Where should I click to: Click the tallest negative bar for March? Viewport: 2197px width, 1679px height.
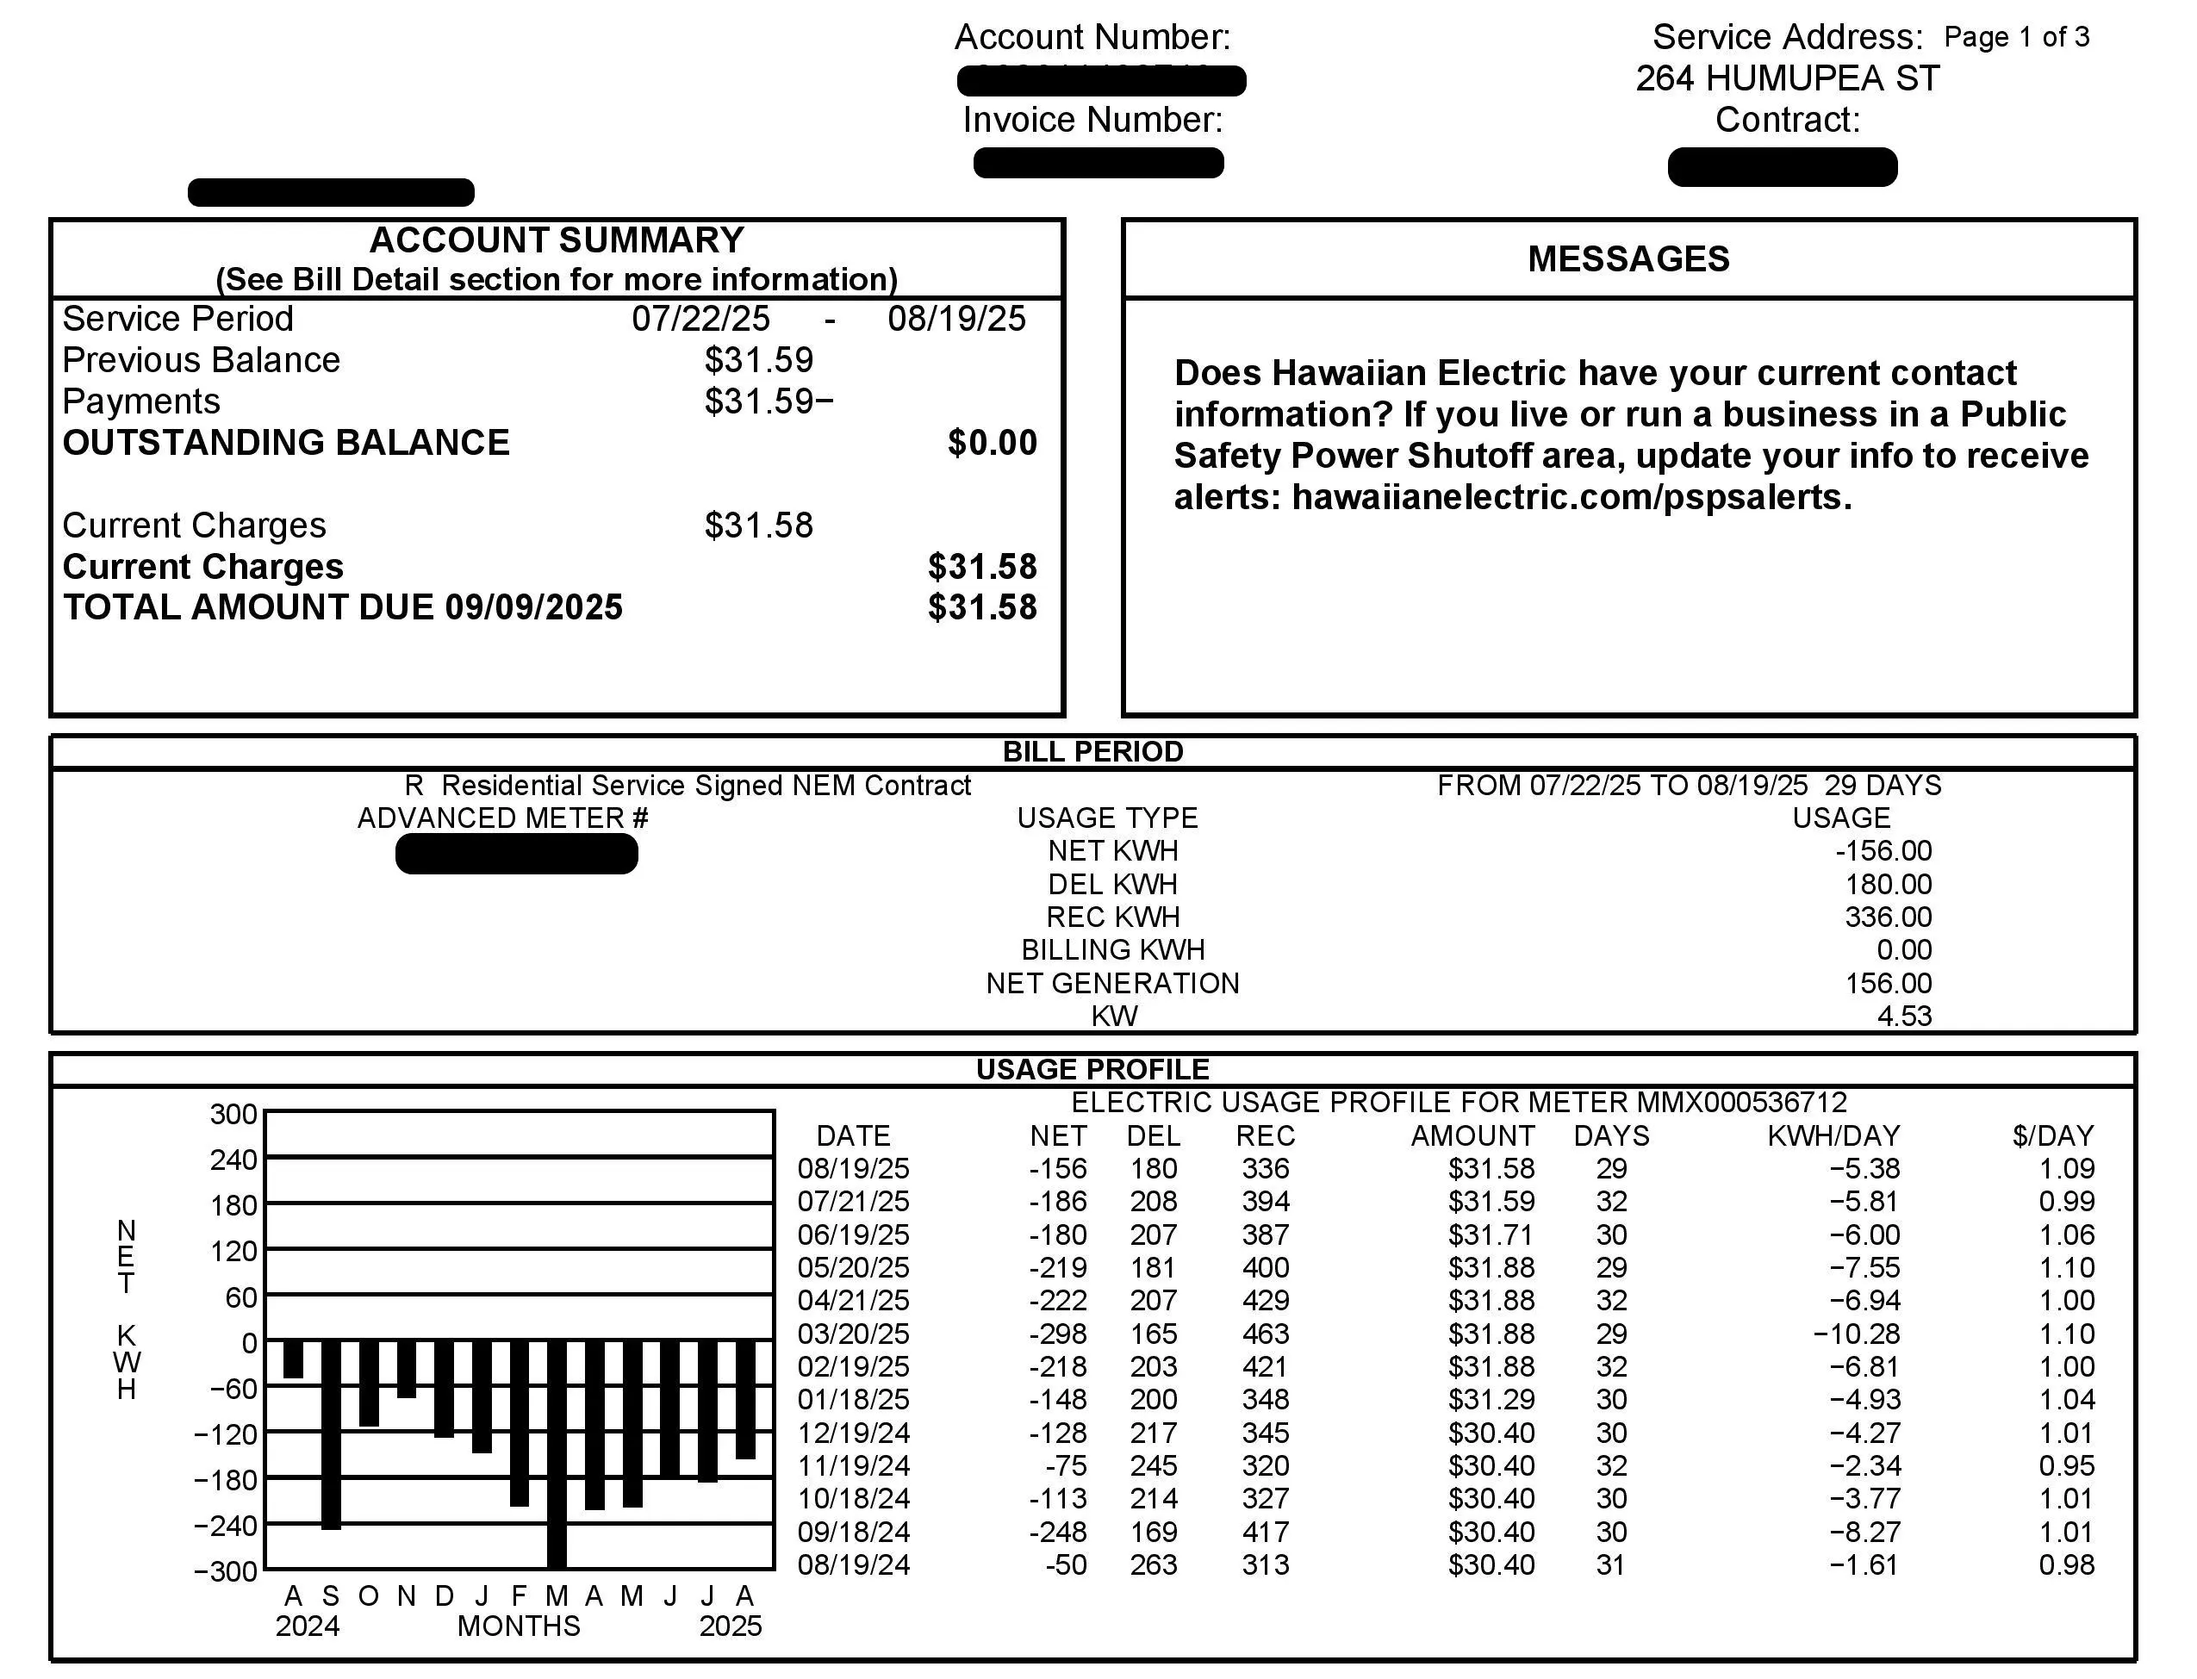[x=557, y=1454]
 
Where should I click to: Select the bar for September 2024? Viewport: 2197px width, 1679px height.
[x=331, y=1434]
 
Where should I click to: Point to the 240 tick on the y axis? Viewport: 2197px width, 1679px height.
[x=233, y=1160]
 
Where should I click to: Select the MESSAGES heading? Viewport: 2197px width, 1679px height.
[x=1628, y=258]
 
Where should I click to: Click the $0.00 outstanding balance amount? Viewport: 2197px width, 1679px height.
[x=993, y=443]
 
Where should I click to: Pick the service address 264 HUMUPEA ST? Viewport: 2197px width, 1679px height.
[x=1787, y=78]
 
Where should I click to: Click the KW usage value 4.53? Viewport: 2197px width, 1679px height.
[x=1904, y=1017]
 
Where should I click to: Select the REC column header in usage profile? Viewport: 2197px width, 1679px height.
[x=1266, y=1136]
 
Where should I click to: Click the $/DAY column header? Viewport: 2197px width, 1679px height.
[x=2053, y=1136]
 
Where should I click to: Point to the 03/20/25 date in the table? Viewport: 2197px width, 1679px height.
[x=854, y=1334]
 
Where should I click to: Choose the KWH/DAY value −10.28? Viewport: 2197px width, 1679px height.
[x=1856, y=1334]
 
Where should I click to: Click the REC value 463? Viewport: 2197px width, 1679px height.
[x=1266, y=1334]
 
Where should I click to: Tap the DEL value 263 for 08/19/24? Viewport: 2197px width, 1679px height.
[x=1154, y=1565]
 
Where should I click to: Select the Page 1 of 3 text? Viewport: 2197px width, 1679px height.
[x=2016, y=38]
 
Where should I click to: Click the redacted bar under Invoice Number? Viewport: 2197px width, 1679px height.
[x=1098, y=163]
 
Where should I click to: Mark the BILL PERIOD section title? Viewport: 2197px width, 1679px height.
[x=1092, y=751]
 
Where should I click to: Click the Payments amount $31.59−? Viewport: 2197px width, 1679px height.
[x=769, y=401]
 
